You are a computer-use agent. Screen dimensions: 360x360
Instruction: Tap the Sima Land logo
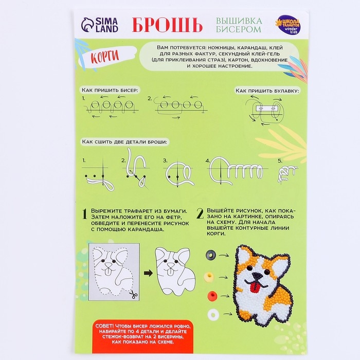click(x=100, y=25)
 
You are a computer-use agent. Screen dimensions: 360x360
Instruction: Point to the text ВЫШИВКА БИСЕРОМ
click(x=238, y=25)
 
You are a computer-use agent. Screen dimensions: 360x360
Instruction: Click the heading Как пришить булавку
click(x=267, y=90)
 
